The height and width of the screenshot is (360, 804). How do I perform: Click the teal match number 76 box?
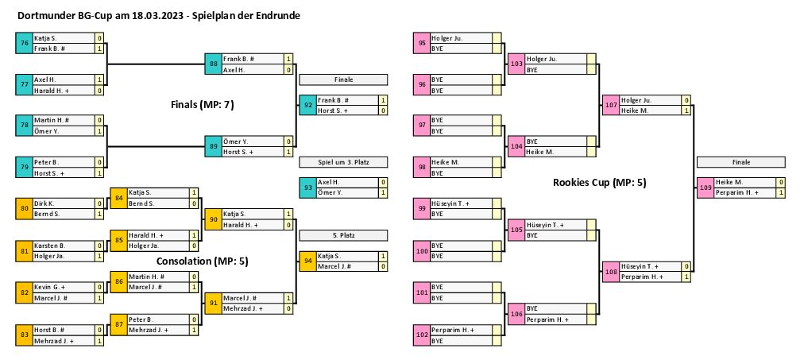pos(25,43)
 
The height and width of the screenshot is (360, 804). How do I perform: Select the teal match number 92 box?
pos(308,105)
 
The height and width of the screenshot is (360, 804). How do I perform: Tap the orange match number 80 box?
pos(25,209)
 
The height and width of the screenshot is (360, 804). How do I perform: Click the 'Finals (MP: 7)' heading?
pos(203,104)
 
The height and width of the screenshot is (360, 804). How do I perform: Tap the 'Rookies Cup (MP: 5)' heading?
pos(599,183)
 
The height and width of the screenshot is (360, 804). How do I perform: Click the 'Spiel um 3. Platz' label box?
pos(343,162)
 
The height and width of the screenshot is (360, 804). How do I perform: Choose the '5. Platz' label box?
pos(343,235)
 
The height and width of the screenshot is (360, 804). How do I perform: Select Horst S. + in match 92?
pos(334,110)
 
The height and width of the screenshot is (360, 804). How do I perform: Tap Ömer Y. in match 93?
pos(330,192)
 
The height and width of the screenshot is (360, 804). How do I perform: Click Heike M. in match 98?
pos(442,161)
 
